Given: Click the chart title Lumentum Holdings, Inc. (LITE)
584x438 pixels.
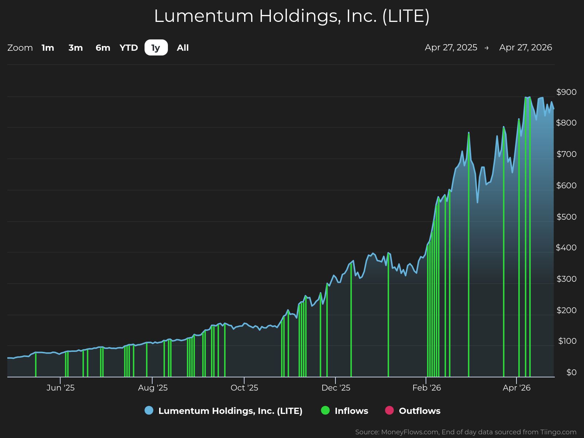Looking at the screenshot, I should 292,16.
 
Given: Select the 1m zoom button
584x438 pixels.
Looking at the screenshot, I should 48,48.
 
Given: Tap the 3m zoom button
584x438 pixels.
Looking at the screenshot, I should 76,48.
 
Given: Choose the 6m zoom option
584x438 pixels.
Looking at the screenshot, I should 103,48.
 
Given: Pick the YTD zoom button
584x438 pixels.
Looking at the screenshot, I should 129,48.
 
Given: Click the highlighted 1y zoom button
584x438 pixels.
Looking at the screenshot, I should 156,48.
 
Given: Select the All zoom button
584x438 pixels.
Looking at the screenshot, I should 182,48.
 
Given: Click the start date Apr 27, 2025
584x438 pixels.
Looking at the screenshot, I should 451,47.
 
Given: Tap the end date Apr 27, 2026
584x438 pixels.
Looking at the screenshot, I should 526,47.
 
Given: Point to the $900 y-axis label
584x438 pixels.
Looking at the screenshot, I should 566,92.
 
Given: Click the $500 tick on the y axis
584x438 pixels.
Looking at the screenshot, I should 566,217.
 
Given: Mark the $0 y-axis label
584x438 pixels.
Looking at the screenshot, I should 571,372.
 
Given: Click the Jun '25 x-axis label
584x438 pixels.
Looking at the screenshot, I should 61,388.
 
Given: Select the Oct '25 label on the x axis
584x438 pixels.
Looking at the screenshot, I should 244,388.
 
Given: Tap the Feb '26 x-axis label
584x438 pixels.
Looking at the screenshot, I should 427,388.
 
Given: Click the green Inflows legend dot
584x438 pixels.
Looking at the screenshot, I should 325,410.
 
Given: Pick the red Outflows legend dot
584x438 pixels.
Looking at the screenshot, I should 389,410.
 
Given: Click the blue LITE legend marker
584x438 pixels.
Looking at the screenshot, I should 149,410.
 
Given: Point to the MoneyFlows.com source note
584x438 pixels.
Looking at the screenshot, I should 465,432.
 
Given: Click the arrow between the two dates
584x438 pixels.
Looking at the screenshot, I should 487,48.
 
